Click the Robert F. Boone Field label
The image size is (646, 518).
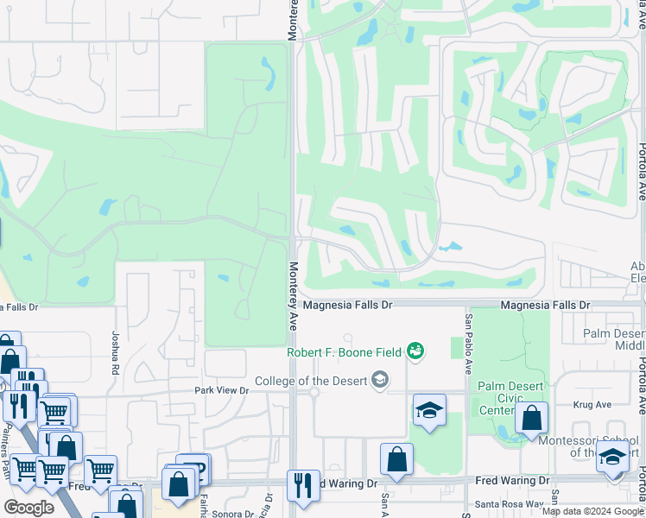[x=346, y=352]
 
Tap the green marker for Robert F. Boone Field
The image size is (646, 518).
[x=416, y=351]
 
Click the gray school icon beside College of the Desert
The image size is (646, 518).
[x=378, y=379]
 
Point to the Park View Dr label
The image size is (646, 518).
[x=220, y=391]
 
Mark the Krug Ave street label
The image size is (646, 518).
[x=592, y=404]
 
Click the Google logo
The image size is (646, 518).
[x=28, y=508]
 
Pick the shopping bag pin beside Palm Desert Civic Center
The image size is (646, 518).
[x=531, y=419]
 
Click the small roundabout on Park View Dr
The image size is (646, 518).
[x=314, y=392]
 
